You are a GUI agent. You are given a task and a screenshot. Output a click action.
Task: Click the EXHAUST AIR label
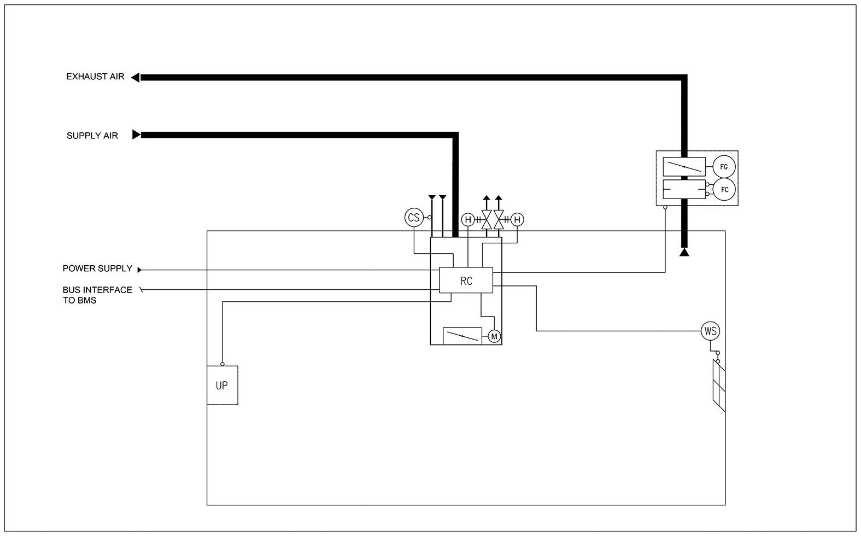click(x=95, y=77)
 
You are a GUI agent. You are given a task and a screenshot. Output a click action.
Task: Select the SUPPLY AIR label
click(x=92, y=136)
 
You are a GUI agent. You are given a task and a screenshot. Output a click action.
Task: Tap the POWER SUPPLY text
click(x=97, y=268)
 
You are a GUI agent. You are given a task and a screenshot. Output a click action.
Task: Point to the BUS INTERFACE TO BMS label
click(x=97, y=295)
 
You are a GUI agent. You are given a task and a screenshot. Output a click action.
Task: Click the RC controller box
click(x=466, y=281)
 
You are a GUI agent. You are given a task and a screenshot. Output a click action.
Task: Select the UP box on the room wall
click(x=222, y=386)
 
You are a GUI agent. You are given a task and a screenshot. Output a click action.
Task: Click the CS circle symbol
click(x=414, y=218)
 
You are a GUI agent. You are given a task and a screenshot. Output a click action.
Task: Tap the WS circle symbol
click(x=710, y=331)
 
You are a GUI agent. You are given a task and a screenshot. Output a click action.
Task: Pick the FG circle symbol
click(x=724, y=167)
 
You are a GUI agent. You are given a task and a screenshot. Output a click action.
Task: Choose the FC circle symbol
click(x=724, y=190)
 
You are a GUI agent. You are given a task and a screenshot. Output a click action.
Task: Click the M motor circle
click(x=494, y=336)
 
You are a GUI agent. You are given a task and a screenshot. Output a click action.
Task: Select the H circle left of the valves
click(x=468, y=220)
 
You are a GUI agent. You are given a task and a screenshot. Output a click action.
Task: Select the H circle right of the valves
click(x=517, y=220)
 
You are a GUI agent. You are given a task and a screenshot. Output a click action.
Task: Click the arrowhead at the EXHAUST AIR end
click(x=135, y=78)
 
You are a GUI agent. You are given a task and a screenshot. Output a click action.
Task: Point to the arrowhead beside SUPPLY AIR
click(x=137, y=135)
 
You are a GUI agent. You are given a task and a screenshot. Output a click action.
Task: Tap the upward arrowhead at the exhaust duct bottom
click(x=684, y=253)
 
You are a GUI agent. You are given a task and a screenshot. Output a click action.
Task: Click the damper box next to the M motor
click(x=462, y=336)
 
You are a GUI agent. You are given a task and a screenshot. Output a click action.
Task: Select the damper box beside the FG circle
click(x=684, y=167)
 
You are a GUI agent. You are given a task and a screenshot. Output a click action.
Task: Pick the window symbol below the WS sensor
click(x=719, y=386)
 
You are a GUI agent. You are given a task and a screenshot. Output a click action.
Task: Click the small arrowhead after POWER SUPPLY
click(x=139, y=270)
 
